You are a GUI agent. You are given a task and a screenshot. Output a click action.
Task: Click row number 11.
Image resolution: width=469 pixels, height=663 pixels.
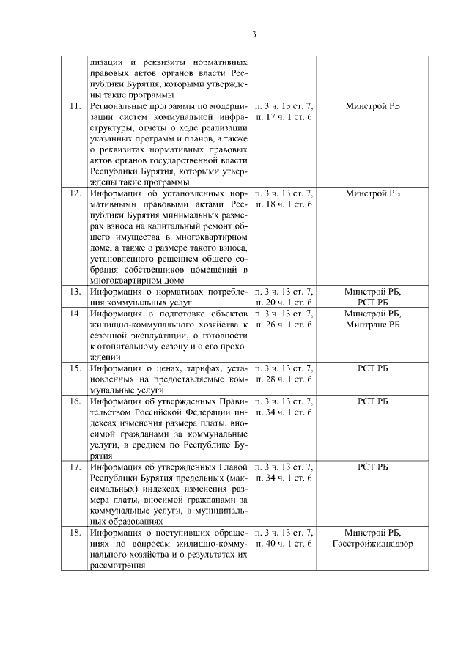coord(74,106)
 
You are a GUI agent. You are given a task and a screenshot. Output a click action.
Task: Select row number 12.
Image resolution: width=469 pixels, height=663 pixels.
coord(74,193)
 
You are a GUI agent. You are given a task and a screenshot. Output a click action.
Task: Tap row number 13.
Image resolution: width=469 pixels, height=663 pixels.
coord(74,291)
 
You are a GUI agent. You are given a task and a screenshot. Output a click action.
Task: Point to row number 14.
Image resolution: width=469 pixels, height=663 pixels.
coord(74,314)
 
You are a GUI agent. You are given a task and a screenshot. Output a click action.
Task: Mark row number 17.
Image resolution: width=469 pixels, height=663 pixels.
coord(74,466)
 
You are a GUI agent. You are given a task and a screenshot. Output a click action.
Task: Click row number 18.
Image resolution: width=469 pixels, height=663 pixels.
coord(74,532)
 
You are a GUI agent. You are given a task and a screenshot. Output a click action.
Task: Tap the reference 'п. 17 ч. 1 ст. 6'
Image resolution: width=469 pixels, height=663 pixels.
coord(283,117)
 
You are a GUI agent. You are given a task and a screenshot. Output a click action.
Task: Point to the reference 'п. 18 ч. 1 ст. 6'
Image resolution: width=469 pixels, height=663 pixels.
coord(283,204)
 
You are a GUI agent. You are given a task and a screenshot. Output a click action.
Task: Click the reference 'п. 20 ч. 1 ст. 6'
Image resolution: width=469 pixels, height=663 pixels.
coord(283,302)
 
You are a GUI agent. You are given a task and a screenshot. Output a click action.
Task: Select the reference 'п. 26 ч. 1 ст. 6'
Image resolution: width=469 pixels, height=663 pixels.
coord(283,325)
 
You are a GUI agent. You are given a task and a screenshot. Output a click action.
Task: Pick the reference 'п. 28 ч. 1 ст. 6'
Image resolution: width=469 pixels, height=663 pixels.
coord(283,379)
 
